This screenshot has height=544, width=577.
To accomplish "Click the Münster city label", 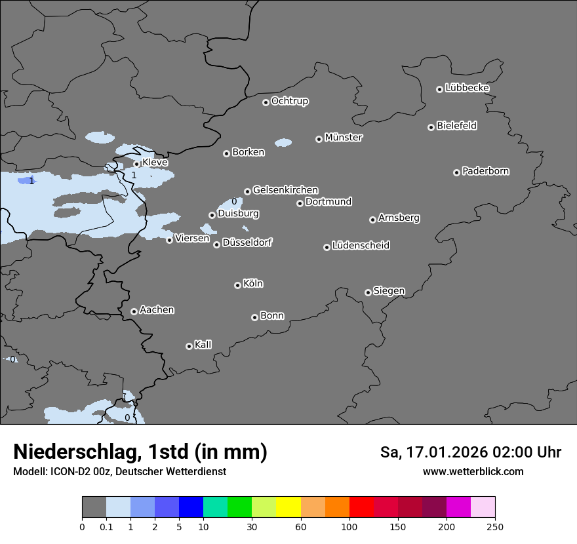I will (344, 138).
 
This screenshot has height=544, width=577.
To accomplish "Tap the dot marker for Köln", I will (237, 285).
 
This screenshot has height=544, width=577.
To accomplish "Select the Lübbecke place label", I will (467, 88).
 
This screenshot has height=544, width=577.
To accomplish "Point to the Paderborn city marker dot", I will (456, 172).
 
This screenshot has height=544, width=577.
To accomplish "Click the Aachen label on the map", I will (157, 310).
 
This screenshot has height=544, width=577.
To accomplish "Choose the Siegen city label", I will (389, 291).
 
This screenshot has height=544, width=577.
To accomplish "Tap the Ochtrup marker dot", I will (266, 102).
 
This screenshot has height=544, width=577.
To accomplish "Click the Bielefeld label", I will (456, 126).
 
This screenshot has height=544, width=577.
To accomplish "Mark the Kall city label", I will (203, 345).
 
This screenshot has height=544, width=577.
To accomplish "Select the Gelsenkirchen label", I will (285, 190).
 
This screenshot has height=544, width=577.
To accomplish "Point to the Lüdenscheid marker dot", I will (327, 247).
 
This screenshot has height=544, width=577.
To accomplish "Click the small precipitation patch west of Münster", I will (283, 142).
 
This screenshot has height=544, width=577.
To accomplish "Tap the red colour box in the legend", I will (361, 507).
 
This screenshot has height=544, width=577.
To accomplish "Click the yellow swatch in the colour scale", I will (288, 507).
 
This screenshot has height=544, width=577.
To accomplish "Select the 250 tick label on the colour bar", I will (495, 527).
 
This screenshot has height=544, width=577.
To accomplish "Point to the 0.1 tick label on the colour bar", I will (106, 527).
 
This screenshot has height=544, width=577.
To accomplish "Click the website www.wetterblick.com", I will (473, 471).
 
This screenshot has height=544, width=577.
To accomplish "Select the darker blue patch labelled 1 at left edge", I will (25, 180).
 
